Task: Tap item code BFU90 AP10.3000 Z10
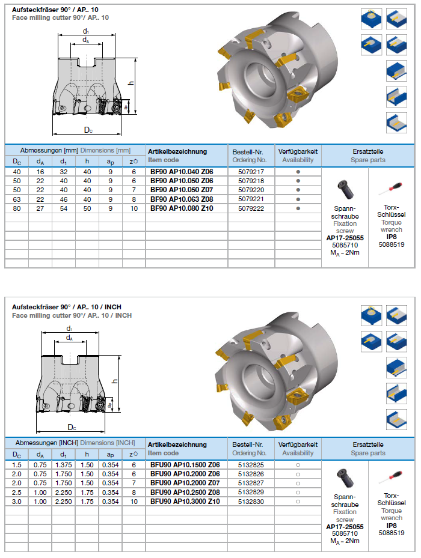pyautogui.click(x=185, y=501)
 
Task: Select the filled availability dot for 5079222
pyautogui.click(x=298, y=208)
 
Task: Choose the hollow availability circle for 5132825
pyautogui.click(x=298, y=465)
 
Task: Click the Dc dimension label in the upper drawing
pyautogui.click(x=88, y=130)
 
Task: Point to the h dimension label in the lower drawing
pyautogui.click(x=114, y=381)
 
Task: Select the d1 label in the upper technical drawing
pyautogui.click(x=86, y=31)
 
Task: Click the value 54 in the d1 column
pyautogui.click(x=63, y=208)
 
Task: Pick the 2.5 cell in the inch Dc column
pyautogui.click(x=16, y=492)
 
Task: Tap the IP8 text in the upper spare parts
pyautogui.click(x=392, y=237)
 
